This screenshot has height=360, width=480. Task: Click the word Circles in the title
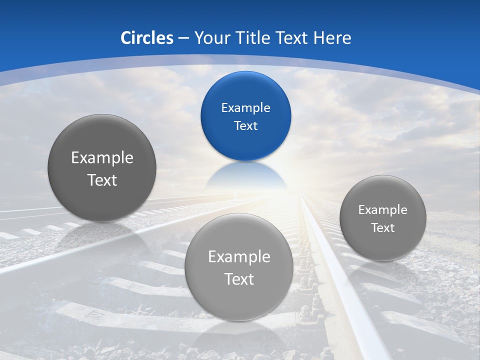tap(146, 38)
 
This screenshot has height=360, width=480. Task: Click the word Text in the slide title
tap(292, 38)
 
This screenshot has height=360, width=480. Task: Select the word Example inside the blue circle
tap(245, 107)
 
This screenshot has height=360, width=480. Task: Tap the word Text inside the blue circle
tap(245, 125)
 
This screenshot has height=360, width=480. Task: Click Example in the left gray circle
tap(102, 157)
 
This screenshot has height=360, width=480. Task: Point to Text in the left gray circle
tap(102, 180)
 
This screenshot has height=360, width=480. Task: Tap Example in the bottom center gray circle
tap(239, 256)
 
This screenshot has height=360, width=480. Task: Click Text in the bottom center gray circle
tap(239, 279)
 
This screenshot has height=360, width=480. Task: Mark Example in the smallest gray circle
tap(382, 209)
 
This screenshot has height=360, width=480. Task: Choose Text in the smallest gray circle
tap(382, 227)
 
